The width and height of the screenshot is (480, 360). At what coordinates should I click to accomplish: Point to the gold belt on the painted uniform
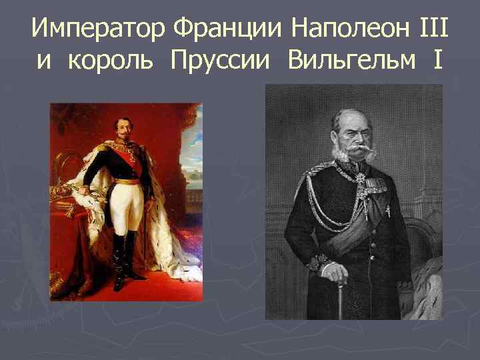click(128, 179)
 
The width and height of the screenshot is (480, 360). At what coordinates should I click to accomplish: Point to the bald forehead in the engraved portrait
click(350, 120)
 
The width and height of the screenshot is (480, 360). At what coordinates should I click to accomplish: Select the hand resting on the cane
click(337, 273)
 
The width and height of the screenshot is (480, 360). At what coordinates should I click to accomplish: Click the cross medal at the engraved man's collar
click(361, 181)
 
